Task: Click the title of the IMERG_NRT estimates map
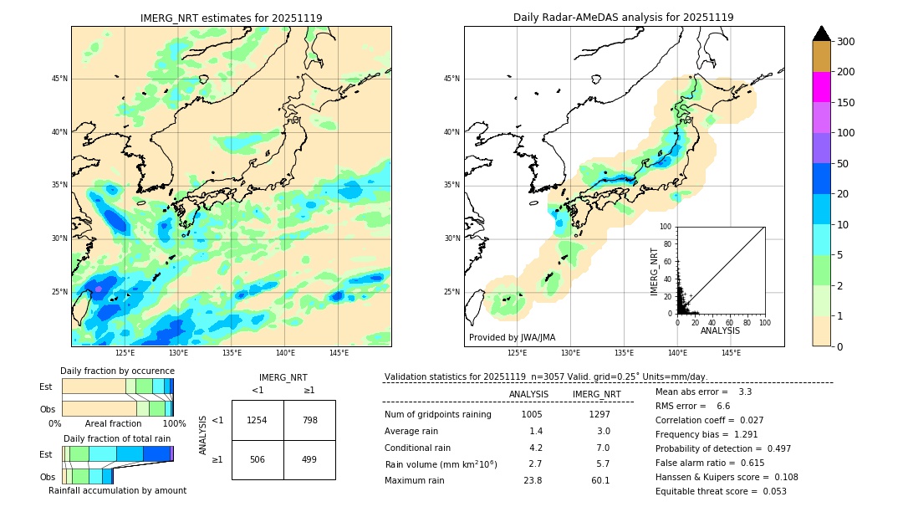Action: coord(231,18)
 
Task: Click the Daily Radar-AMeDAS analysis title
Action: coord(624,18)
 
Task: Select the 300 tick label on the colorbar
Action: coord(847,42)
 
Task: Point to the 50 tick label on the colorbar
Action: coord(844,164)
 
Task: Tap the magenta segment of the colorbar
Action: coord(822,87)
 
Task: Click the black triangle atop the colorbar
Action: coord(822,33)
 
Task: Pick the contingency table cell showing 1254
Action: coord(258,420)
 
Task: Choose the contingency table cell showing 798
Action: coord(309,420)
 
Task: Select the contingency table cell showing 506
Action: coord(258,459)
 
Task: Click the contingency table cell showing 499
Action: coord(309,459)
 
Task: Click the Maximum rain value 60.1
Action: coord(600,480)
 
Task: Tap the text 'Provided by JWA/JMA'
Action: coord(511,337)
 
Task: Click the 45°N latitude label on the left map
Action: coord(59,79)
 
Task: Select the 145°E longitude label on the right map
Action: coord(731,353)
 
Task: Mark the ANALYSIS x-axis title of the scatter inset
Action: coord(720,330)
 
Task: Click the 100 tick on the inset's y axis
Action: coord(666,227)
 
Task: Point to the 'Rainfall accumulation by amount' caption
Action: coord(117,490)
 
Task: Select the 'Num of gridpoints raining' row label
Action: coord(438,414)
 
